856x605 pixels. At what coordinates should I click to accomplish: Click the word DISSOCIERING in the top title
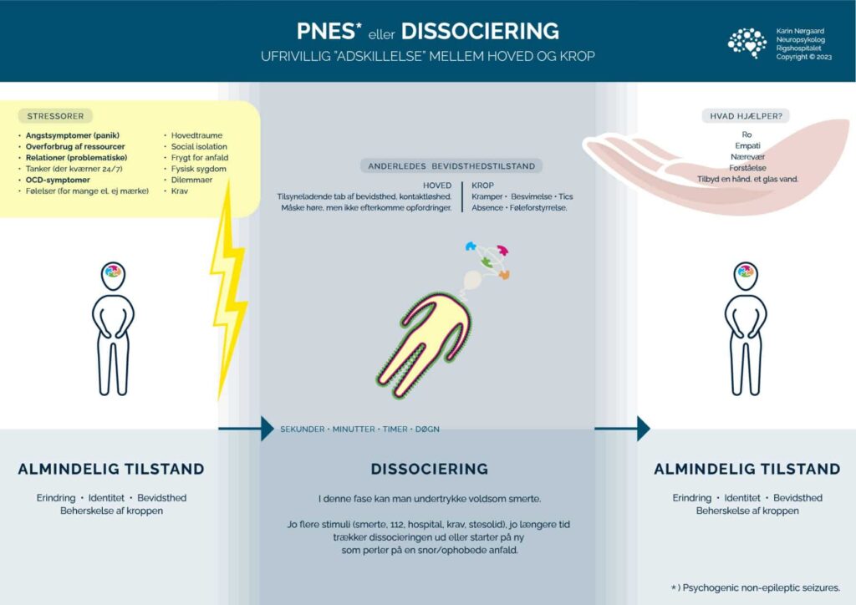[480, 32]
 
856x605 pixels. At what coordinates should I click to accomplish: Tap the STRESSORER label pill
[55, 116]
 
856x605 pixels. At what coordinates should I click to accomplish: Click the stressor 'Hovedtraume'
[196, 135]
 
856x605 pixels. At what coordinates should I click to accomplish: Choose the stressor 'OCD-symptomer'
[57, 180]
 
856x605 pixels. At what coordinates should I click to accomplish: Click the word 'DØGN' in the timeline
[425, 429]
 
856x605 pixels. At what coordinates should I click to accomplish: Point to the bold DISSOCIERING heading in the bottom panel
[429, 469]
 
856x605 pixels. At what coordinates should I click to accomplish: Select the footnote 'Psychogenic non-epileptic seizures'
[761, 587]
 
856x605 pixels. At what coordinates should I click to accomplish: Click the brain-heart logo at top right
[746, 43]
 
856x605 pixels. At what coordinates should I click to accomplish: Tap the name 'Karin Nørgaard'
[800, 30]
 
